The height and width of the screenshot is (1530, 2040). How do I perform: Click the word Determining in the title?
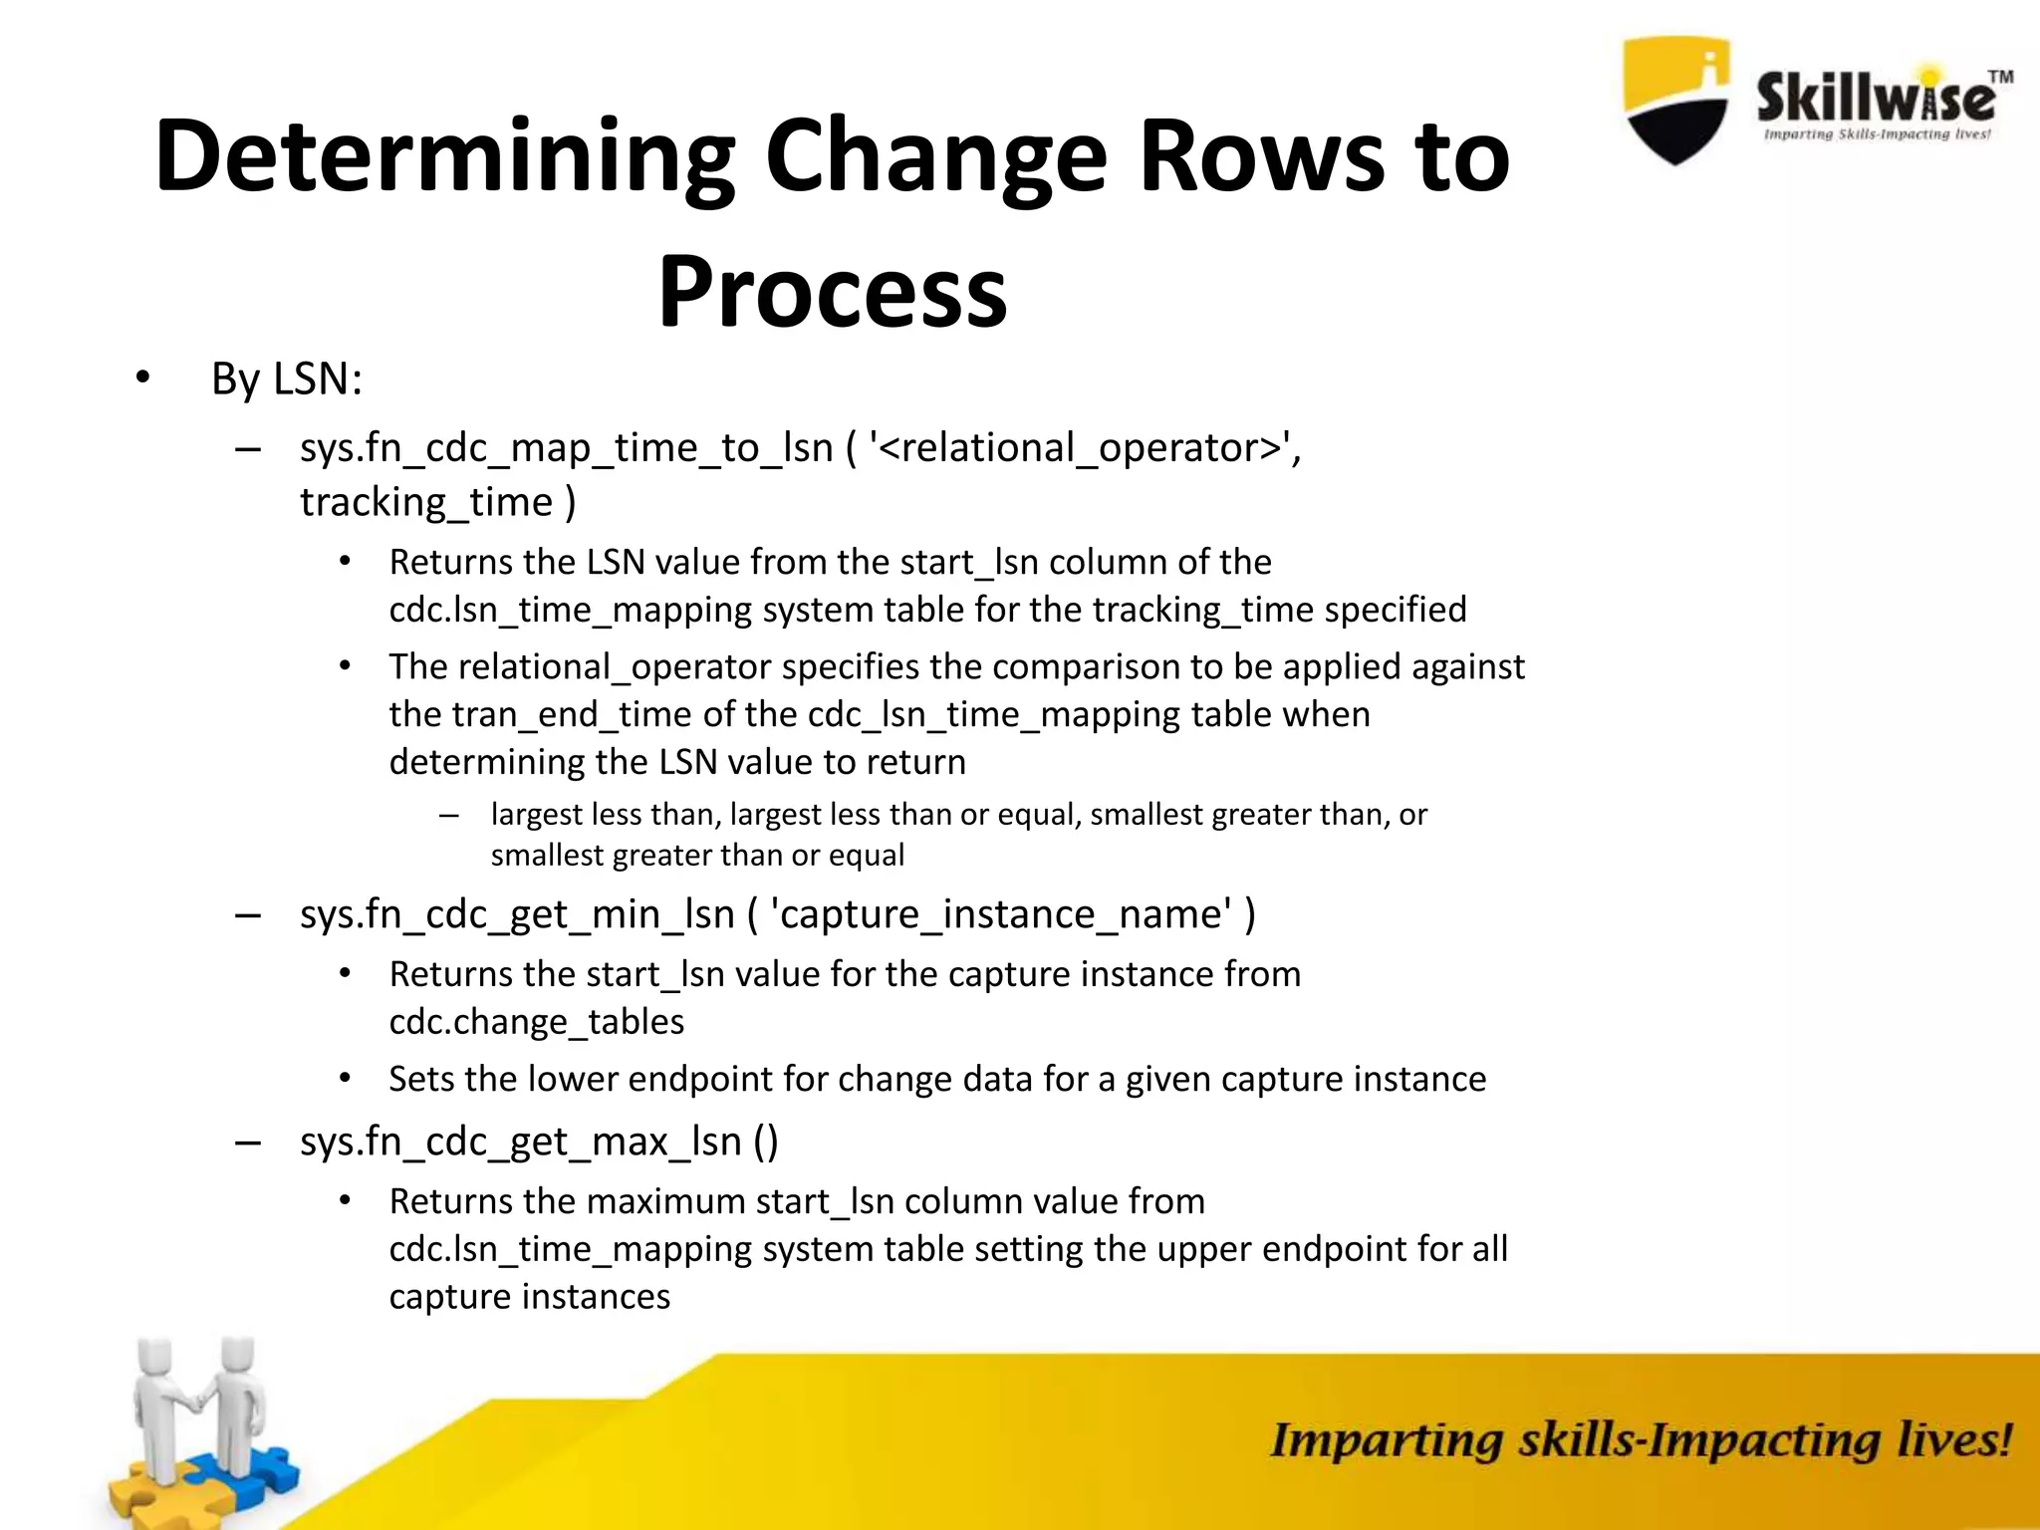coord(444,156)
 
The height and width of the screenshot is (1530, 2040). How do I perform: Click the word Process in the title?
coord(833,291)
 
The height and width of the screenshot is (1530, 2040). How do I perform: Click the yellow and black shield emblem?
coord(1675,100)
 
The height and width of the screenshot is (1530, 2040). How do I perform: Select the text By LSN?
coord(287,380)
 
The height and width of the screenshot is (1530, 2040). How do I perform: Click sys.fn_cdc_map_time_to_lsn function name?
coord(566,448)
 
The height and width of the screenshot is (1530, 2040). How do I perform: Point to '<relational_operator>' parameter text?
coord(1084,448)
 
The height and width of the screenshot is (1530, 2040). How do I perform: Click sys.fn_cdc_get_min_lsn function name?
coord(517,914)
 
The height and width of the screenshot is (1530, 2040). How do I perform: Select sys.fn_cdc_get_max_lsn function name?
coord(520,1142)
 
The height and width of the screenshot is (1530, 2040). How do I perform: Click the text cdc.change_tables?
coord(536,1022)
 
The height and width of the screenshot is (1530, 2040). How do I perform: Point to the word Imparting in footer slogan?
coord(1385,1442)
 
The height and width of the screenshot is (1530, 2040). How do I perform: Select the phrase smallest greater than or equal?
coord(697,856)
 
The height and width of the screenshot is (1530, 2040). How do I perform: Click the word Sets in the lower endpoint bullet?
coord(423,1080)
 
